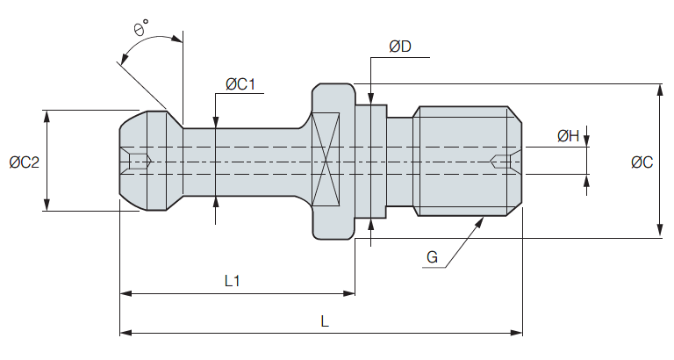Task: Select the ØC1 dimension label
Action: (240, 84)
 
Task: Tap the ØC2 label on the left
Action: (25, 162)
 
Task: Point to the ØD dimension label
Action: (399, 47)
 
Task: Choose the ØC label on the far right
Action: (642, 162)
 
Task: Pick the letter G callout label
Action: (432, 256)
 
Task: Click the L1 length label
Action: (233, 281)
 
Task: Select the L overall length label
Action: (324, 322)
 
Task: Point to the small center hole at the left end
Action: (140, 162)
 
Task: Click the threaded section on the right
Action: (465, 161)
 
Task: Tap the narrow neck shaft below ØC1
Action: (246, 162)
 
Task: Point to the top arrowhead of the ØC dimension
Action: (659, 89)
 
